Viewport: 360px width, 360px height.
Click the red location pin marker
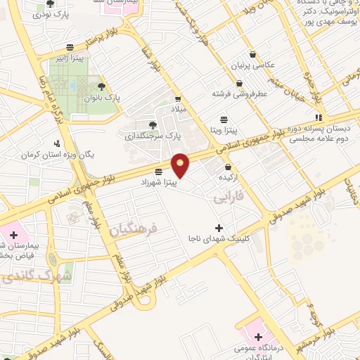181,165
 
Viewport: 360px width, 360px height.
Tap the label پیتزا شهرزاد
167,183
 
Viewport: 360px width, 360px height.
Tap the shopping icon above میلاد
179,99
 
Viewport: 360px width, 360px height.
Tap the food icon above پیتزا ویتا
224,119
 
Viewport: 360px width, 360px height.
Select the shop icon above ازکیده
229,167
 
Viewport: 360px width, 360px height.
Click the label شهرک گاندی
38,276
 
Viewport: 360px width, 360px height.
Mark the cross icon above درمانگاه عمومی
259,336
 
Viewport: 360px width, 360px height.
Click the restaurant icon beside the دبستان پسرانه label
318,118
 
